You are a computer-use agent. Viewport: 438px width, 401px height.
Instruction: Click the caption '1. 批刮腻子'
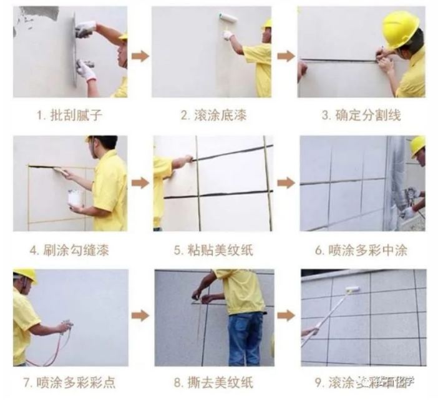tap(71, 115)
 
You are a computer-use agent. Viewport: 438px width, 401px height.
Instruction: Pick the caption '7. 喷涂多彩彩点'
tap(71, 382)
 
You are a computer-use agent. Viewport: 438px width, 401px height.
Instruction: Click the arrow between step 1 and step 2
tap(141, 56)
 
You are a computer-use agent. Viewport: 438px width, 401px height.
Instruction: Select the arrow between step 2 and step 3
tap(286, 56)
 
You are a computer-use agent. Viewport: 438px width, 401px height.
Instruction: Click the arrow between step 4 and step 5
tap(141, 183)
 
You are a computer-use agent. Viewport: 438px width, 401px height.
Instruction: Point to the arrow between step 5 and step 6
tap(286, 183)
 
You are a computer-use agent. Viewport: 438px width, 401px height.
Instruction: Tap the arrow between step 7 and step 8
tap(141, 315)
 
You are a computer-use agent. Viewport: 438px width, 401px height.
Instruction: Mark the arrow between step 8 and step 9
tap(286, 315)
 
